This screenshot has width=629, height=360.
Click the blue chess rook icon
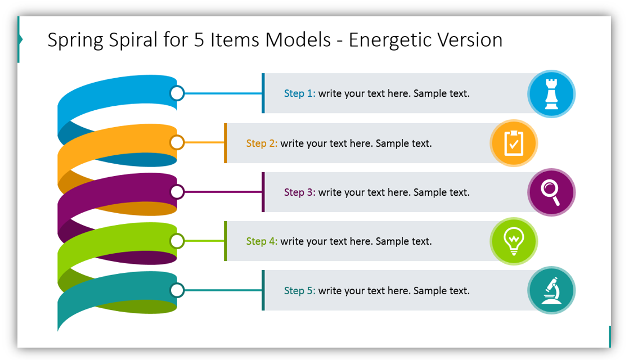(551, 94)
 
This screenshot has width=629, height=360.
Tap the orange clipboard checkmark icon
(514, 143)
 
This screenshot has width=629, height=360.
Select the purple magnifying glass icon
(551, 192)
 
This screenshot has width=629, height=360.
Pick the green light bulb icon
(514, 241)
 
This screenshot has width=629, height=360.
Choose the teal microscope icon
(551, 290)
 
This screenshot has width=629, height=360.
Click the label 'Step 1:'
(300, 93)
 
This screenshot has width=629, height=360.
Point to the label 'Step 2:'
(262, 143)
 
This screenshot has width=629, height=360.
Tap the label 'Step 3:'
(300, 192)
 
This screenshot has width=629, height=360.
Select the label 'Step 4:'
(262, 241)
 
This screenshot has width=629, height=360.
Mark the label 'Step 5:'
(300, 291)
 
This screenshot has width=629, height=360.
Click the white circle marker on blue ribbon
(177, 93)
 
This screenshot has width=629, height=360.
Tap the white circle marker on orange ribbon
(177, 142)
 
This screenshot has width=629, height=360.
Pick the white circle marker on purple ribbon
(177, 192)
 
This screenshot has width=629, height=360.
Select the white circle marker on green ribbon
(177, 241)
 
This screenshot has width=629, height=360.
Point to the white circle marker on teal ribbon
(177, 290)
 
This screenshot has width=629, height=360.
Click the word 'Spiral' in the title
(133, 40)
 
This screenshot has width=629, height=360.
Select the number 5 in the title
(199, 40)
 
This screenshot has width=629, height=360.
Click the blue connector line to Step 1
(223, 93)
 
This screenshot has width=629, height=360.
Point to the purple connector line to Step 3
(223, 192)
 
